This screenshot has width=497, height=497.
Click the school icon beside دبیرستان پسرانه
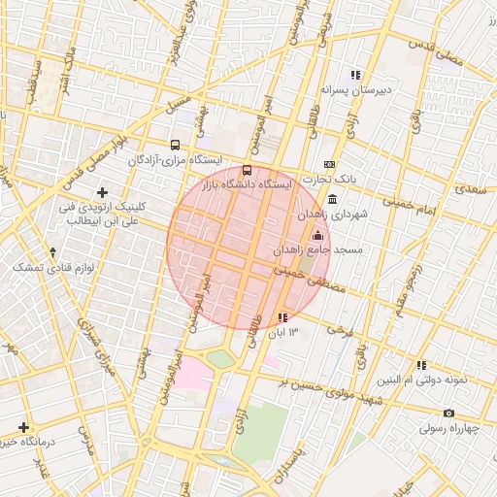(x=356, y=75)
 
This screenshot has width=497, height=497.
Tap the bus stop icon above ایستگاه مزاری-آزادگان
(x=175, y=144)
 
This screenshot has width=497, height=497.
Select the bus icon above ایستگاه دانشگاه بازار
(x=247, y=170)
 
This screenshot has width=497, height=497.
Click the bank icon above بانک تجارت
(x=329, y=164)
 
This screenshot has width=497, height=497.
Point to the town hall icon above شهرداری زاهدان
(x=333, y=199)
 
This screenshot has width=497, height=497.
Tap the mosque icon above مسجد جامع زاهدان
(x=317, y=235)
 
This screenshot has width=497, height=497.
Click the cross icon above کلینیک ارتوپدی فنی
(x=102, y=193)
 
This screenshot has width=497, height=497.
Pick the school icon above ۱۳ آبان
(x=282, y=317)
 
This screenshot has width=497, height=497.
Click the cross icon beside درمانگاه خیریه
(x=23, y=427)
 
